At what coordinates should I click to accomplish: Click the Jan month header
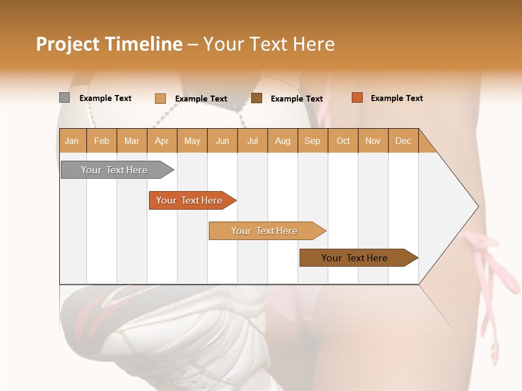tap(72, 141)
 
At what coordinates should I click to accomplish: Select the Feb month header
tap(102, 141)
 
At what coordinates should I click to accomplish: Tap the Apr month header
tap(161, 141)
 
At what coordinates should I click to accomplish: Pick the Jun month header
tap(222, 141)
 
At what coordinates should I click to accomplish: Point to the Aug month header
tap(282, 141)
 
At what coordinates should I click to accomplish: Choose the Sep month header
tap(312, 141)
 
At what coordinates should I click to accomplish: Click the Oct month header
tap(343, 141)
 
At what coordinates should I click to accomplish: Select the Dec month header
tap(403, 141)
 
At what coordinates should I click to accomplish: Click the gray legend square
tap(64, 98)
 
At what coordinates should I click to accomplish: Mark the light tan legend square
tap(160, 98)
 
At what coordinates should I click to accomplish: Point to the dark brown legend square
tap(257, 98)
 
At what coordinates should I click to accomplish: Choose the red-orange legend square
tap(357, 98)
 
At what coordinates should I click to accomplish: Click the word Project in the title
tap(67, 44)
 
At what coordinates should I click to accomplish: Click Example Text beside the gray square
tap(105, 98)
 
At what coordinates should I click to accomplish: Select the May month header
tap(192, 141)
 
